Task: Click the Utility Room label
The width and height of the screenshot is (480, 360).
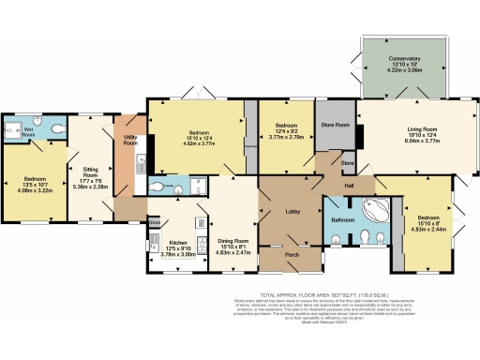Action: pyautogui.click(x=129, y=142)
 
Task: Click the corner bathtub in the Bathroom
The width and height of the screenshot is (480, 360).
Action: pyautogui.click(x=378, y=210)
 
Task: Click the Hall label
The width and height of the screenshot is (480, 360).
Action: pyautogui.click(x=349, y=187)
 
